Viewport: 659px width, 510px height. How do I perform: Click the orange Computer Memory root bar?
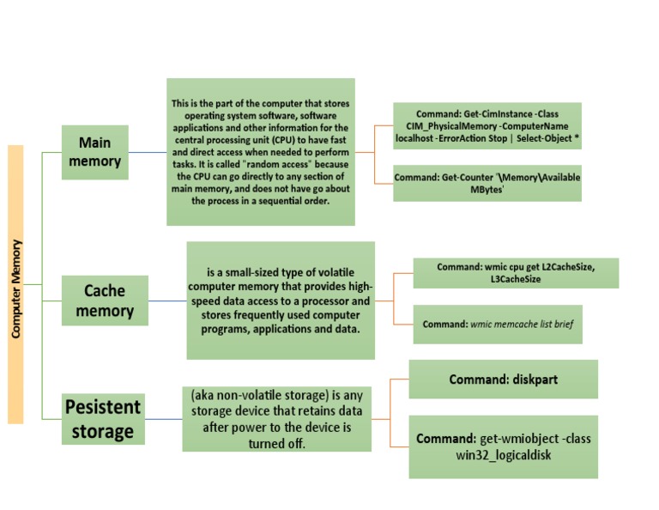[x=15, y=283]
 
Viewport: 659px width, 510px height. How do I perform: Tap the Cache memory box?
[x=105, y=301]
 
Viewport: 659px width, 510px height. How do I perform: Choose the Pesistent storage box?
[x=103, y=419]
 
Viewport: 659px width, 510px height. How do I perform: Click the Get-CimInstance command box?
[x=487, y=126]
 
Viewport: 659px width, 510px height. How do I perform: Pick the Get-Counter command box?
[x=487, y=183]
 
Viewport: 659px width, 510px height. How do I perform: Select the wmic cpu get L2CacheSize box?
[x=515, y=273]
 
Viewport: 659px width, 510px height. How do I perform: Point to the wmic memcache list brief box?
[x=498, y=325]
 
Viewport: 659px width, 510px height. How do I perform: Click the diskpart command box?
[x=503, y=379]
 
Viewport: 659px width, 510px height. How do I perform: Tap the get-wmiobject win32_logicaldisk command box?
[x=503, y=446]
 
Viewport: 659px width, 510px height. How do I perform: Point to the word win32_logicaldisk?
[x=503, y=454]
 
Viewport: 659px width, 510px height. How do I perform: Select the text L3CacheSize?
[x=515, y=279]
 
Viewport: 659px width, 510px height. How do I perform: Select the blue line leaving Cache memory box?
[x=167, y=301]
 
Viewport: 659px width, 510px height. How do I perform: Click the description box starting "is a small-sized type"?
[x=281, y=301]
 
